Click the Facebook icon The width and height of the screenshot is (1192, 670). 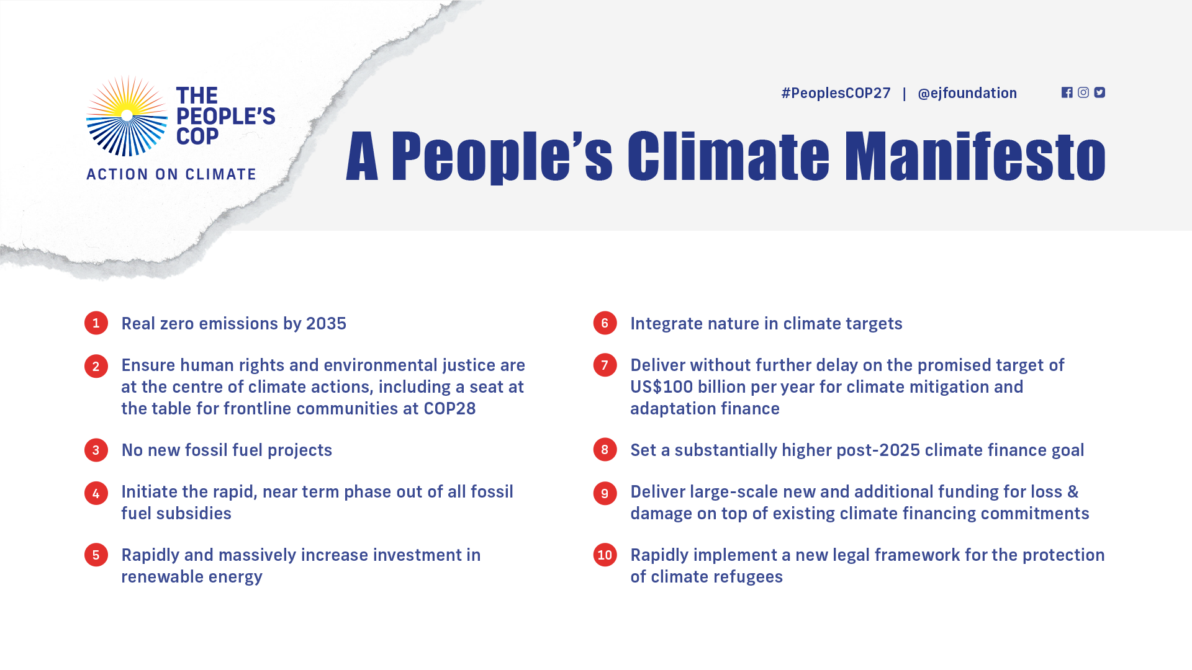(1067, 92)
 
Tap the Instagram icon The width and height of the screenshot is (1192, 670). (1083, 92)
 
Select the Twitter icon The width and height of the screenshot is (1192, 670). (1099, 92)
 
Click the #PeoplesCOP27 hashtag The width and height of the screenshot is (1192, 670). (836, 93)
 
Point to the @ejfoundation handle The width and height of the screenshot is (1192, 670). (967, 93)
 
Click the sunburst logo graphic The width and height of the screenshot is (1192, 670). (127, 115)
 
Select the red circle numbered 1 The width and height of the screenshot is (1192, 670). (96, 323)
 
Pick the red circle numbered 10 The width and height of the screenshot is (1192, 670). (605, 555)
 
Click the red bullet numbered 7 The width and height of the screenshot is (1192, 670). (605, 365)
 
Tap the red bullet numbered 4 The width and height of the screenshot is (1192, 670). (96, 493)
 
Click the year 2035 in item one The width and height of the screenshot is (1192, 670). (326, 324)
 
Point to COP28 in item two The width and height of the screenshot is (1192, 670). (449, 409)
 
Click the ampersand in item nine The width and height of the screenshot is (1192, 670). (1073, 492)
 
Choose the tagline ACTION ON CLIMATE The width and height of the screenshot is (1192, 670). (171, 174)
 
